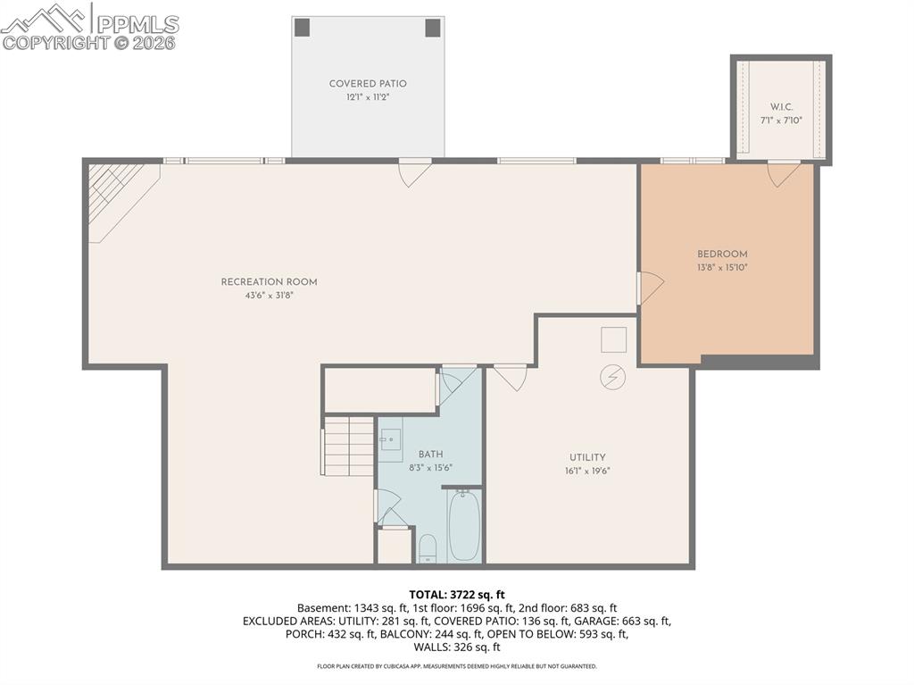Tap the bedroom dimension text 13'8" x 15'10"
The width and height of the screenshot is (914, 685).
[x=722, y=267]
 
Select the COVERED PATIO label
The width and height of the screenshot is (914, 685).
[x=368, y=84]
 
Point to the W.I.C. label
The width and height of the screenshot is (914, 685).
[x=781, y=106]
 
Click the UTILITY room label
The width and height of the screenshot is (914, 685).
[x=587, y=457]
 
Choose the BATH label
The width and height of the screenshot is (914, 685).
[x=430, y=455]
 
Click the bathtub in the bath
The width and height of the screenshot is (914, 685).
[x=464, y=526]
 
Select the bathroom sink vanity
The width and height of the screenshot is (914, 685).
[x=391, y=440]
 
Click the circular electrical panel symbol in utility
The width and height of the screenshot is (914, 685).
[x=612, y=378]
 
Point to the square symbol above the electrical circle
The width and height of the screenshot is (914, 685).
[x=613, y=340]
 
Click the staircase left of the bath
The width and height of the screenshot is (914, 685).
[x=348, y=445]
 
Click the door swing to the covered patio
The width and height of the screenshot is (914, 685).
[x=414, y=172]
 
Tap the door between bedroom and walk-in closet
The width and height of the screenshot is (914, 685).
[x=784, y=173]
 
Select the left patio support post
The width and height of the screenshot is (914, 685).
[x=303, y=27]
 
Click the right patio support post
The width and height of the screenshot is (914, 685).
[x=433, y=27]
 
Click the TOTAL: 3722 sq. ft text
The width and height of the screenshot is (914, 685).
[x=457, y=594]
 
